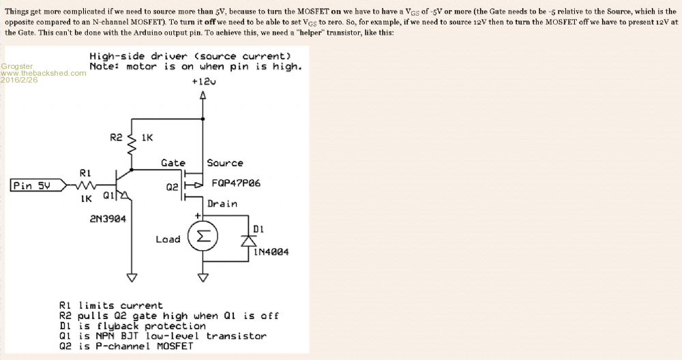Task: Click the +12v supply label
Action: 203,82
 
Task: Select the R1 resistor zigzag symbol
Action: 85,185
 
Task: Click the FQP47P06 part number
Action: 236,183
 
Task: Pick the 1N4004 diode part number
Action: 271,252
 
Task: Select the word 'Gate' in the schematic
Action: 173,163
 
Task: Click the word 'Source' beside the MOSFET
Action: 225,163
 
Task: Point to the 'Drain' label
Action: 222,203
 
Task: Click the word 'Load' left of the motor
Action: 168,239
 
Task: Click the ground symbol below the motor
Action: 203,277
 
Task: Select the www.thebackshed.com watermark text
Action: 43,73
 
